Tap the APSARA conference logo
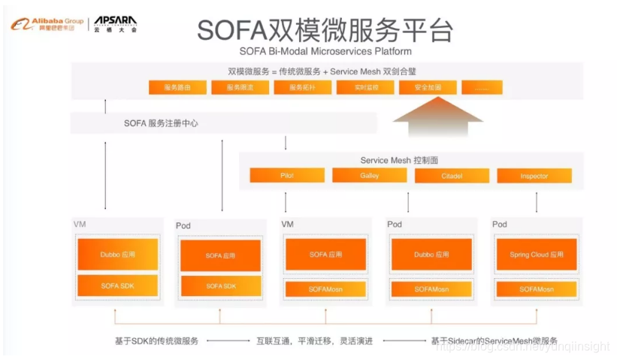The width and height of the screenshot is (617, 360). coord(115,24)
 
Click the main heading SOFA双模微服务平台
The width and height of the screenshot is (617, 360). coord(325,30)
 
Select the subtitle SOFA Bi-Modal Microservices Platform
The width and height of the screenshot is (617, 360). coord(325,51)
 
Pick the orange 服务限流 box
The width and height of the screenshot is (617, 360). coord(240,88)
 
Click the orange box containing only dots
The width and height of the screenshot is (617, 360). coord(482,88)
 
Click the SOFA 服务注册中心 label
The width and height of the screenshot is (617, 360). coord(161,123)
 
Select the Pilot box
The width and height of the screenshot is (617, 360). coord(287,176)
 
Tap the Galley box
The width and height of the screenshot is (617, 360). coord(370,176)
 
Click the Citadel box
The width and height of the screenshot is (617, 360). coord(452,176)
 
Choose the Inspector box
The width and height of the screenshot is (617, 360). coord(534,176)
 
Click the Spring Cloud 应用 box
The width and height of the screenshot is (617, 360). coord(537,255)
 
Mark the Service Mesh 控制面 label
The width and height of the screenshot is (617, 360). coord(399,160)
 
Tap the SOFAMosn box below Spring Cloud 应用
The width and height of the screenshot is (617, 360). coord(537,289)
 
